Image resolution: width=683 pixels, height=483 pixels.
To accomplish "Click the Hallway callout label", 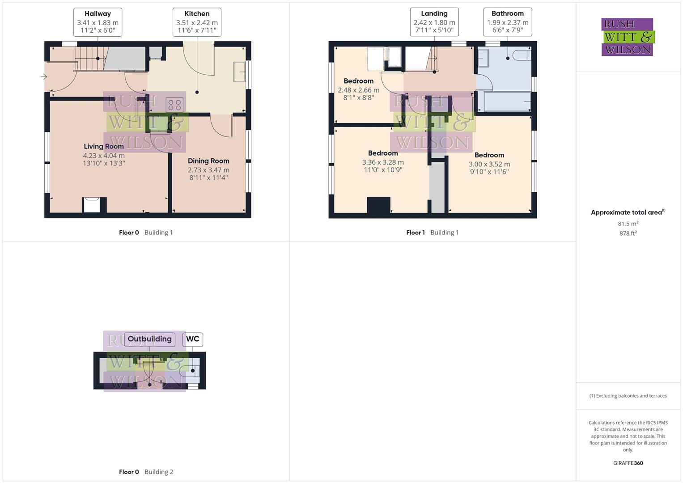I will tap(98, 21).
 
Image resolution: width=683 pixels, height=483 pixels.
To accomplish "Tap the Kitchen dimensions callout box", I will tap(197, 22).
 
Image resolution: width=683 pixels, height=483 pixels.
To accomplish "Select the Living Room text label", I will tap(104, 146).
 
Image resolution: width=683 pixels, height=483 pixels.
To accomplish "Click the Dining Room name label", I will tap(208, 161).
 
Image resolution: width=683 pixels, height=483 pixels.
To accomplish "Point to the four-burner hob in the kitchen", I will tap(174, 105).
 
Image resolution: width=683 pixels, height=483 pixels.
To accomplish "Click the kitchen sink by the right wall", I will tap(239, 72).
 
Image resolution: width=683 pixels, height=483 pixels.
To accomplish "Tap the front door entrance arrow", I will tap(44, 77).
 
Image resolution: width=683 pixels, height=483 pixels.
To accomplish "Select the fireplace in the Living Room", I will tap(94, 205).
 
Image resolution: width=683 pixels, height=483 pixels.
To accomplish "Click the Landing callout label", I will tap(434, 21).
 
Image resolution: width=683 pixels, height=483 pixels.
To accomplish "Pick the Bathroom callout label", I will tap(507, 21).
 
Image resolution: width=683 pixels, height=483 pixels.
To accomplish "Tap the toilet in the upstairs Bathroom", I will tap(522, 55).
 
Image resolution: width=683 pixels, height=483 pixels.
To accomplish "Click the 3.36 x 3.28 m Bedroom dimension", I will tap(383, 162).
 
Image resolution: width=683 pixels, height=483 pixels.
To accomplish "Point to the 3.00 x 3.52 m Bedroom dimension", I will tap(489, 164).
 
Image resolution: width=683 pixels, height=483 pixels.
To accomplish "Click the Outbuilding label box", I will tap(149, 339).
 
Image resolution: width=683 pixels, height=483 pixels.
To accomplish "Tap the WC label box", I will tap(193, 339).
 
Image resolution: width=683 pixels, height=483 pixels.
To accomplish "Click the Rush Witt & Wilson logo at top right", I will tap(628, 37).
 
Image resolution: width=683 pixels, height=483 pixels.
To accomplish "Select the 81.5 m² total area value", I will tap(628, 224).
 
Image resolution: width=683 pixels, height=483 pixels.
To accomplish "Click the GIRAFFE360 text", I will tap(628, 463).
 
